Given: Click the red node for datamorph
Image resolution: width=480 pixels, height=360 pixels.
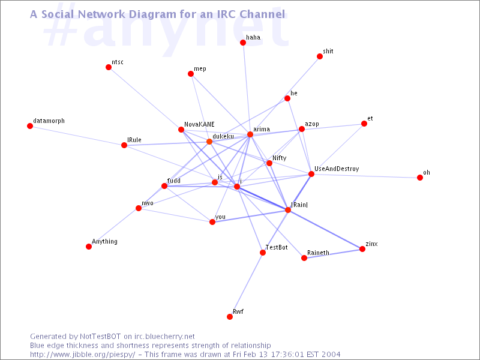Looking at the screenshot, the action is coord(30,126).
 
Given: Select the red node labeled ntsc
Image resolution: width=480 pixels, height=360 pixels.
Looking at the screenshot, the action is coord(109,67).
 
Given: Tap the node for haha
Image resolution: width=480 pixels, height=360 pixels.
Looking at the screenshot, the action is coord(243,43).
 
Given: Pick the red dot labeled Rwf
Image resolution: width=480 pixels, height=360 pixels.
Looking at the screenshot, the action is coord(230,317).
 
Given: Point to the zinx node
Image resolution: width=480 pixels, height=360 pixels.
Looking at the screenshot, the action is coord(362,249).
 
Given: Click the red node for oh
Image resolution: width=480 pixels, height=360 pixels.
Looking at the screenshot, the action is coord(420,178).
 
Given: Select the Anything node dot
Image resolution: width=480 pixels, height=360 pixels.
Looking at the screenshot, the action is coord(89,247).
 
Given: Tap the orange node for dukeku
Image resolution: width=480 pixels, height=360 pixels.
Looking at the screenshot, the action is coord(209,142).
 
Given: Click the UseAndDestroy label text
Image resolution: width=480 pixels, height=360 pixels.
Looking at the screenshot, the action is coord(337,169).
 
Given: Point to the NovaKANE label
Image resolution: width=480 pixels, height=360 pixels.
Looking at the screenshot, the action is coord(199,124).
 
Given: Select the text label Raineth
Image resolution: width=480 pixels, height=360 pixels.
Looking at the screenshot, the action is coord(319,253).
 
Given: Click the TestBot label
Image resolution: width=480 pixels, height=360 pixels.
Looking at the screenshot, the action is coord(277,247).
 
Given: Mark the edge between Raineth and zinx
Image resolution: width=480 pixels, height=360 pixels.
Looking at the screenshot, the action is coord(333,253).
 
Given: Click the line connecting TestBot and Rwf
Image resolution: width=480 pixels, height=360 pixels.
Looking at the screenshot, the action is coord(246,284).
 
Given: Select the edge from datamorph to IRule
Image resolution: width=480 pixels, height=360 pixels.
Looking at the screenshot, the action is coord(77,136).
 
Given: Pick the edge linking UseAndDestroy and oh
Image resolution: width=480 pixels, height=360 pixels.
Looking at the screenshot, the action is coord(365,176).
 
